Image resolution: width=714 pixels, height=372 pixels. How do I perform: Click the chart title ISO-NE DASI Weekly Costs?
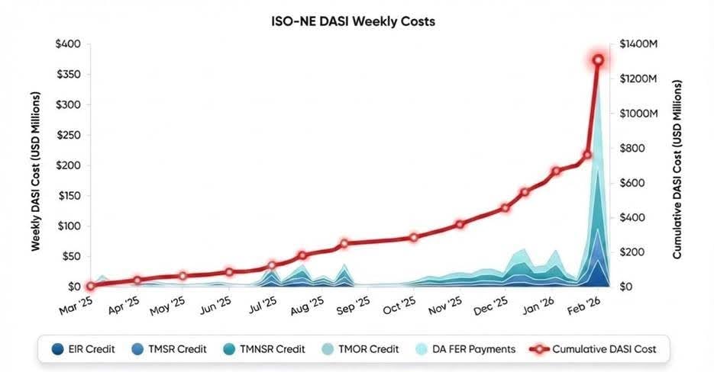[x=357, y=21]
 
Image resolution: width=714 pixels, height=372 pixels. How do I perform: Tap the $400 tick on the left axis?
[x=68, y=44]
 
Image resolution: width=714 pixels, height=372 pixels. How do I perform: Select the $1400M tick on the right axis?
[x=638, y=45]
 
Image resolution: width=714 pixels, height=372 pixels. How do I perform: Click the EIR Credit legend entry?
[x=86, y=349]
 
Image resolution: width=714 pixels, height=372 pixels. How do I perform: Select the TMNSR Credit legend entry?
[x=276, y=349]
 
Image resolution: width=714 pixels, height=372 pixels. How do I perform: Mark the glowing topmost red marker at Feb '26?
[x=599, y=60]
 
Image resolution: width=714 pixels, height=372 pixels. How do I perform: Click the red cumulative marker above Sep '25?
[x=344, y=244]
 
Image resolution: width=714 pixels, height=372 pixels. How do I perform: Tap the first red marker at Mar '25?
[x=90, y=287]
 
